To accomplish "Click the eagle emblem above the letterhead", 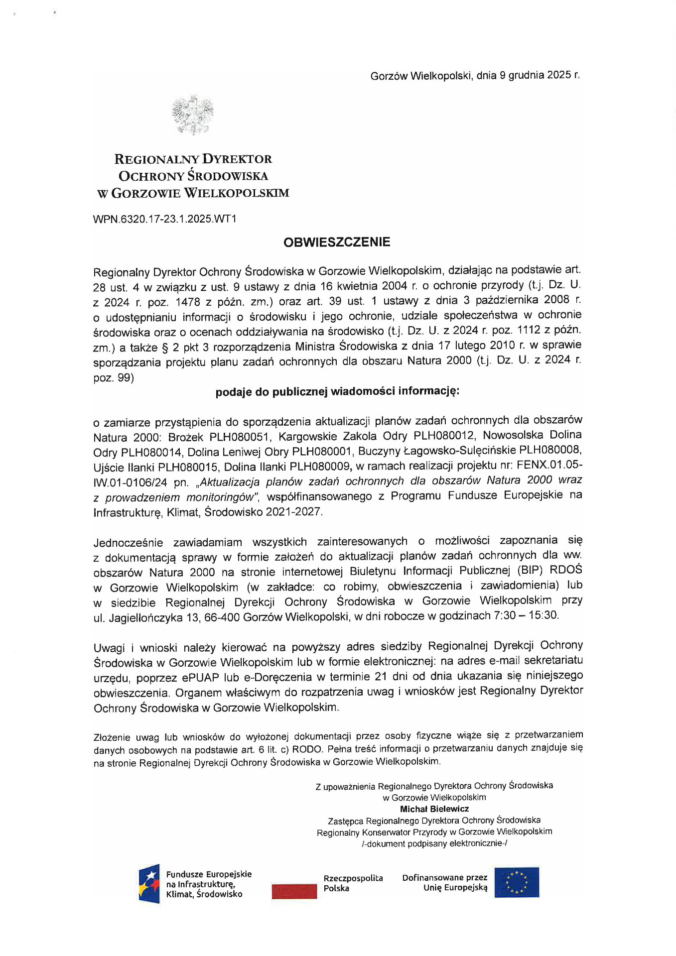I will [x=192, y=115].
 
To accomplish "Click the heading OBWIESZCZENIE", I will [x=337, y=242].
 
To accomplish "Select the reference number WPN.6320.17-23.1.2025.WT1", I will [x=164, y=219].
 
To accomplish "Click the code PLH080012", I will [x=443, y=436].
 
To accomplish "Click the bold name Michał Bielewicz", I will [x=434, y=809].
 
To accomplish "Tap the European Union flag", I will [x=517, y=882].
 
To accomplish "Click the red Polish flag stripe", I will [x=294, y=891].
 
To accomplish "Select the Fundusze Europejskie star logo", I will [x=149, y=884].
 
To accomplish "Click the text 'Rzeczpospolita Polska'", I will [x=353, y=883].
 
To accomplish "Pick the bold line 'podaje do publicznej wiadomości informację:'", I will [x=337, y=392].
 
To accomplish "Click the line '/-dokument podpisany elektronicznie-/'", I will [x=434, y=843].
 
